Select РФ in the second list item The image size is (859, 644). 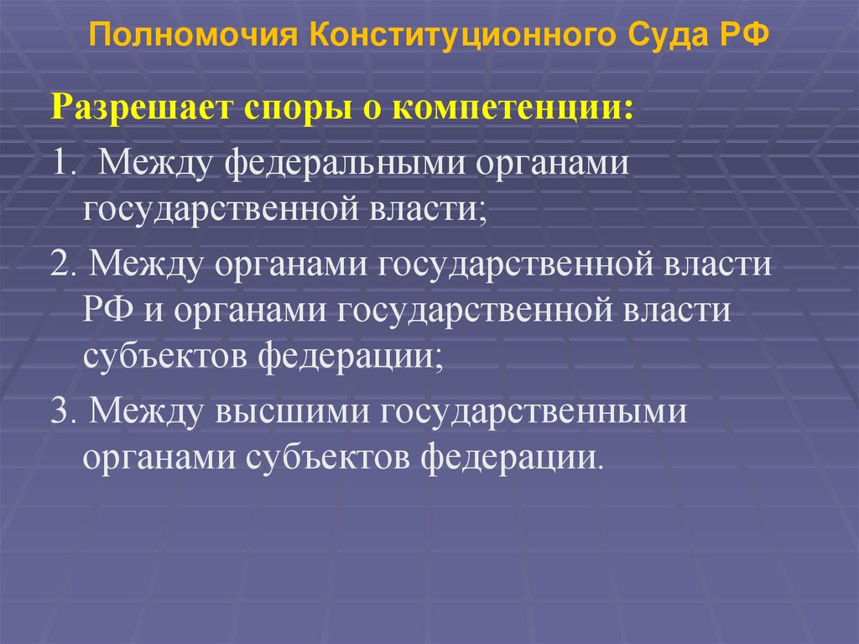(104, 312)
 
